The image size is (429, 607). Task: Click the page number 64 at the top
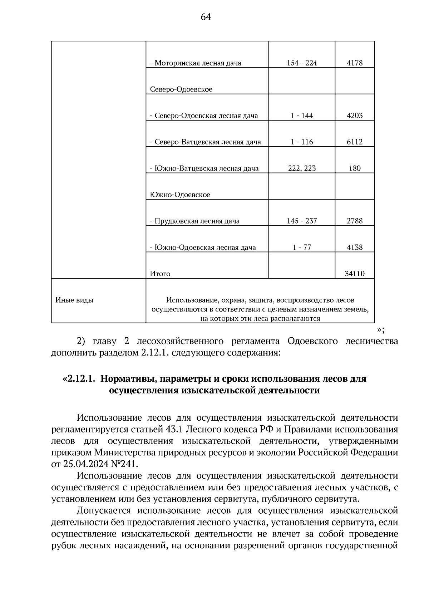(x=206, y=17)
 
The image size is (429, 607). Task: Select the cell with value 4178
(x=355, y=63)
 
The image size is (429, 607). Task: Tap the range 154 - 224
(x=302, y=63)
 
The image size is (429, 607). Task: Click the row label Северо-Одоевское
(x=181, y=89)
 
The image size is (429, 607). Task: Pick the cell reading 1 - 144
(x=302, y=116)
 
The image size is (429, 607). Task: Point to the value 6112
(x=355, y=142)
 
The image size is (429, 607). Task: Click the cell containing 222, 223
(x=302, y=168)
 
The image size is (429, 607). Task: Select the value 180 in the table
(x=355, y=168)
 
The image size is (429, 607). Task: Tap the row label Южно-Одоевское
(x=180, y=195)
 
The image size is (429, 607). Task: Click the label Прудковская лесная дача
(x=195, y=221)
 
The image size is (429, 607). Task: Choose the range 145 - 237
(x=302, y=221)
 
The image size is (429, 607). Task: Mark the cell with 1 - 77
(x=302, y=248)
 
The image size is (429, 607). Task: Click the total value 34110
(x=355, y=274)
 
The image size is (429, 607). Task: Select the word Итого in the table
(x=160, y=274)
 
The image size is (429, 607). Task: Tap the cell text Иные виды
(x=74, y=300)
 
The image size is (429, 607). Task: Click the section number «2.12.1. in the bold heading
(x=79, y=378)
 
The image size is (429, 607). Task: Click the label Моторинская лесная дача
(x=195, y=63)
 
